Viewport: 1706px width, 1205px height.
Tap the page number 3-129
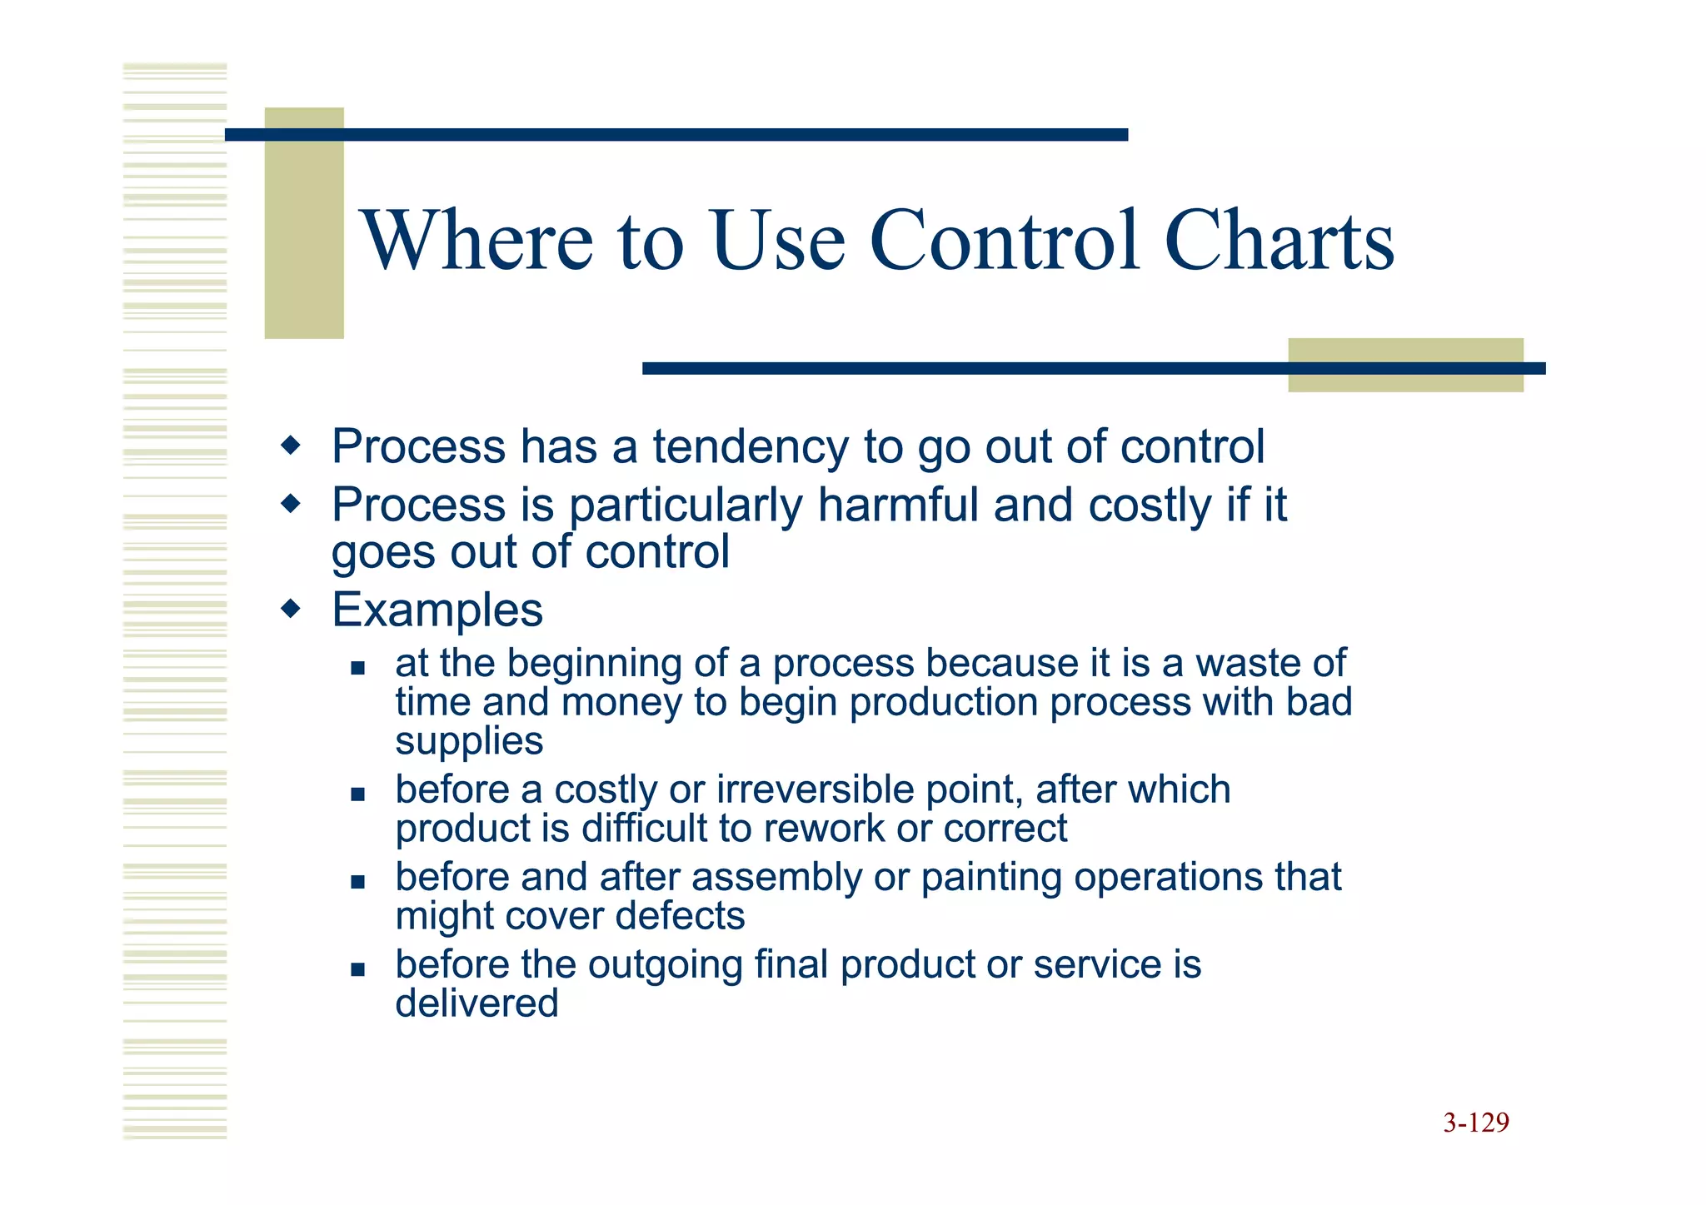pos(1476,1123)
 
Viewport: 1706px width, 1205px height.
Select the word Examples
pos(437,610)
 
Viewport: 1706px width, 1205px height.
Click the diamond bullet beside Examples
pos(291,609)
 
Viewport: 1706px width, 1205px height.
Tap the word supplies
pos(469,741)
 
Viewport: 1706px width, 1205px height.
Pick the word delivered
pos(476,1003)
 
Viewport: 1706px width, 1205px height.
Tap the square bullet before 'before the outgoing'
pos(358,968)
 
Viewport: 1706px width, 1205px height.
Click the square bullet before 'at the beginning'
pos(358,667)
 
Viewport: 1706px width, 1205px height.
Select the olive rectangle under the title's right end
pos(1405,365)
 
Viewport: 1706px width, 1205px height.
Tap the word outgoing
pos(665,964)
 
